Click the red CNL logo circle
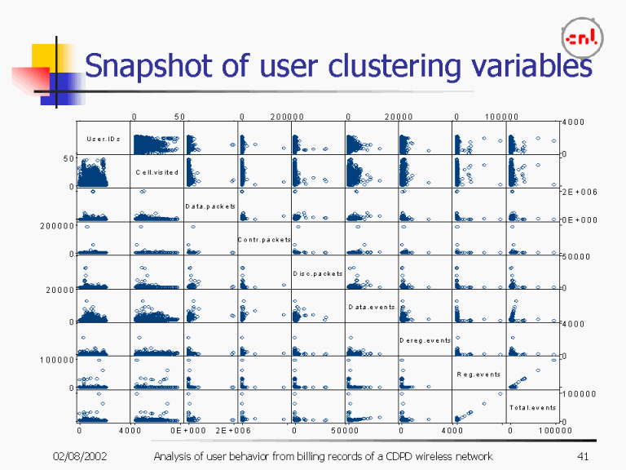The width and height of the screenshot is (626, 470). tap(582, 38)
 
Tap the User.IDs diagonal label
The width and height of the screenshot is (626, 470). tap(104, 139)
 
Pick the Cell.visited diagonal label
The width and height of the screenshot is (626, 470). tap(156, 172)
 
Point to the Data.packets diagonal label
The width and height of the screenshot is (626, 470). tap(209, 206)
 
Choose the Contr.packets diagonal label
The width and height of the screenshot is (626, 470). tap(264, 239)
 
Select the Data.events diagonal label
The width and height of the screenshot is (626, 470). tap(371, 307)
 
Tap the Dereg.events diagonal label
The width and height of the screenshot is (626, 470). tap(425, 340)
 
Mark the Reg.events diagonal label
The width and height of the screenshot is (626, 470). tap(478, 374)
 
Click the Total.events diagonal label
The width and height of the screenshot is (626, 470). tap(532, 407)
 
